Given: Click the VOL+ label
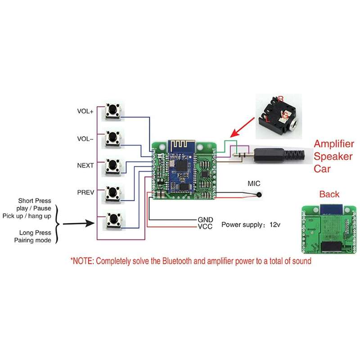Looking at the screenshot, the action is point(85,111).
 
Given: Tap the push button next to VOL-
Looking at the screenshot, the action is point(112,138).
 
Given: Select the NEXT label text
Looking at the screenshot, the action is point(85,166).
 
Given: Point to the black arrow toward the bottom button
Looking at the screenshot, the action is point(78,223).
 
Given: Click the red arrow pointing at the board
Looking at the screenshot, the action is point(242,128).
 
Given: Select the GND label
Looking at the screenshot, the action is point(205,220).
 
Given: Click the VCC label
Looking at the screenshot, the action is point(205,227).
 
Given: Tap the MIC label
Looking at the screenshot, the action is point(254,184).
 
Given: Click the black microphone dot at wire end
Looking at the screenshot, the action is point(259,195).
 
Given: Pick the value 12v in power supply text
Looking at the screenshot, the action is point(275,225).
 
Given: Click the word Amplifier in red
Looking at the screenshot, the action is point(334,144).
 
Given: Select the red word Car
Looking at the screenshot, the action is point(322,169).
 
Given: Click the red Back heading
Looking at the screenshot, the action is point(329,194).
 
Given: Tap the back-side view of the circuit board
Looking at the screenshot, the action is point(329,229).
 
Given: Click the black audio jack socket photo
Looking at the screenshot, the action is point(278,117).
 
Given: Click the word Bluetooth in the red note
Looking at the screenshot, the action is point(177,261).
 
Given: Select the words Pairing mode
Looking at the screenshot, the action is point(32,240).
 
